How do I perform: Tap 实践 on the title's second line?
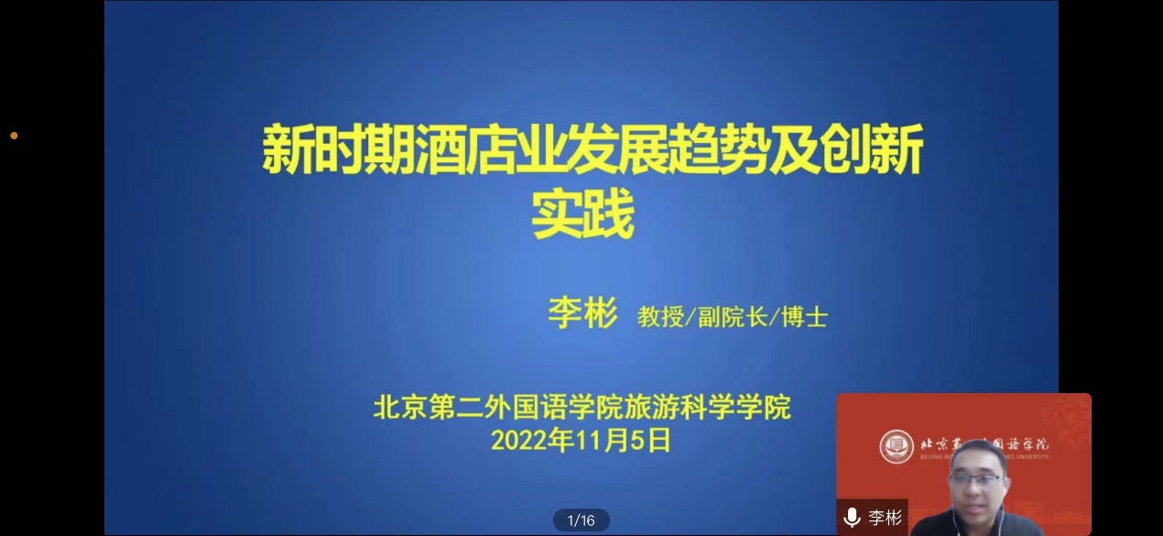click(x=583, y=213)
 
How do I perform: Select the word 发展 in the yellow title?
click(x=616, y=149)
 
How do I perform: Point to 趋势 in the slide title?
click(x=717, y=149)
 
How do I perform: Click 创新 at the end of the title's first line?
click(x=871, y=149)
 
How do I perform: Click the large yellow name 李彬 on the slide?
click(x=582, y=313)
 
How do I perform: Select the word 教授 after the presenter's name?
click(x=660, y=317)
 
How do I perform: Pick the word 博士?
click(x=804, y=317)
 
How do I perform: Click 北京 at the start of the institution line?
click(x=400, y=407)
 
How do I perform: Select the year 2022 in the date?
click(x=517, y=441)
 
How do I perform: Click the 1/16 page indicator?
click(x=581, y=520)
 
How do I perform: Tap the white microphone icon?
click(x=852, y=518)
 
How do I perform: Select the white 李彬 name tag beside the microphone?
click(x=886, y=518)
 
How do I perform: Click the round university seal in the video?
click(x=897, y=447)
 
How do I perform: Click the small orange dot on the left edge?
click(x=14, y=136)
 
